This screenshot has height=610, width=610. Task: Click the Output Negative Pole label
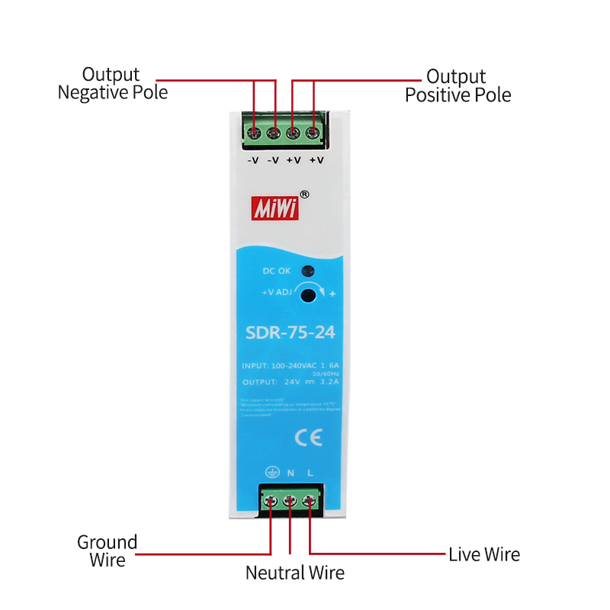(x=112, y=84)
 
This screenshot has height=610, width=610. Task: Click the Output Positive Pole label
(x=457, y=86)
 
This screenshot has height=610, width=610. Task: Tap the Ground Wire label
(x=107, y=551)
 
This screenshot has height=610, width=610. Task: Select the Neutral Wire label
(x=294, y=573)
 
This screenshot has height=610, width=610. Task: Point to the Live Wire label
(x=484, y=554)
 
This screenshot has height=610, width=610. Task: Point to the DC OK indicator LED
(x=307, y=271)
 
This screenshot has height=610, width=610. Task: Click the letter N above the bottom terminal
(x=291, y=473)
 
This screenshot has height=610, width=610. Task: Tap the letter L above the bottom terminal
(x=310, y=473)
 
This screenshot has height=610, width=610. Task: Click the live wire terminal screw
(x=309, y=501)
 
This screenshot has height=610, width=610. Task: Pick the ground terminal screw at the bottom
(x=271, y=501)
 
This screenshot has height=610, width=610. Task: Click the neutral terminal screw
(x=290, y=501)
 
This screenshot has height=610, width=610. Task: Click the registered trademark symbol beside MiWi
(x=304, y=194)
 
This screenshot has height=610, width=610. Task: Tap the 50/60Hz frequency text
(x=324, y=374)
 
